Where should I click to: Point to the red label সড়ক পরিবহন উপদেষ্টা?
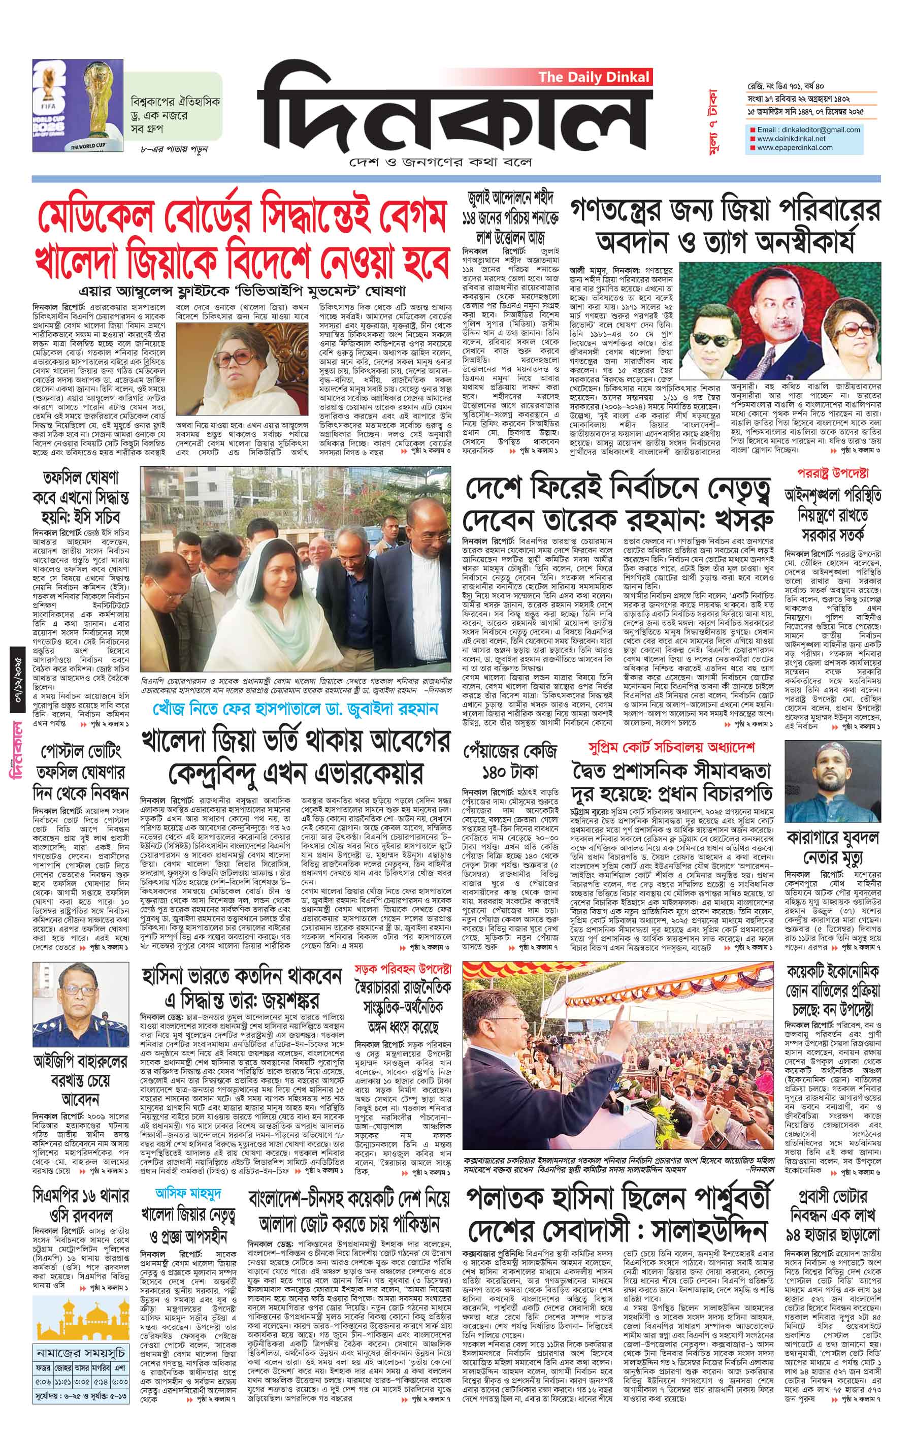(403, 967)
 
